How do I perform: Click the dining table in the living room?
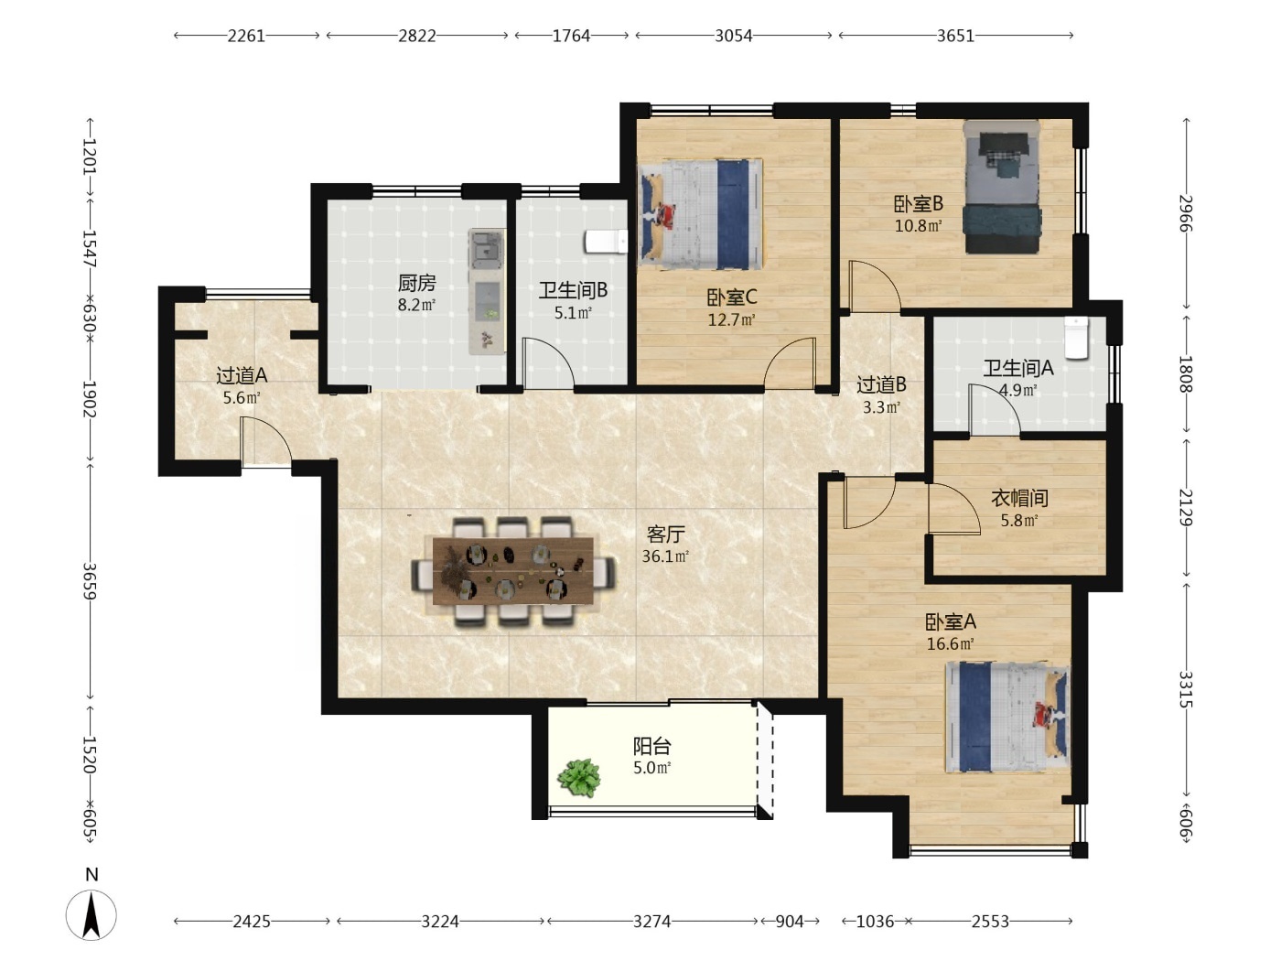tap(513, 571)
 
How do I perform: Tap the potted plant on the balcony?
tap(579, 778)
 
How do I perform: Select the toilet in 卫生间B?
tap(607, 242)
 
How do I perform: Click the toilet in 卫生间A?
tap(1076, 337)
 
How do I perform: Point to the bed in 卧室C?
tap(701, 213)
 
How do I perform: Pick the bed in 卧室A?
tap(1007, 718)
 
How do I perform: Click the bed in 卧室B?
tap(1002, 187)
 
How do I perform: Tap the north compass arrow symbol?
tap(91, 915)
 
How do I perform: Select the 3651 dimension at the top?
tap(955, 37)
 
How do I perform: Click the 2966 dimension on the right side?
tap(1186, 213)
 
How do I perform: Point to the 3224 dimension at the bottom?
tap(440, 922)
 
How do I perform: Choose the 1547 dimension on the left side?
tap(90, 249)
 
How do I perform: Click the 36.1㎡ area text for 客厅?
tap(665, 556)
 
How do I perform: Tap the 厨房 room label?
tap(416, 283)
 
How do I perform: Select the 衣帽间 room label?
tap(1019, 498)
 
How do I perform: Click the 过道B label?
tap(881, 385)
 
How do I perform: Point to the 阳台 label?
tap(651, 746)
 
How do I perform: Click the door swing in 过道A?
tap(266, 442)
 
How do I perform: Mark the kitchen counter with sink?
tap(487, 291)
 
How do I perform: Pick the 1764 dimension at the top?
tap(571, 37)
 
